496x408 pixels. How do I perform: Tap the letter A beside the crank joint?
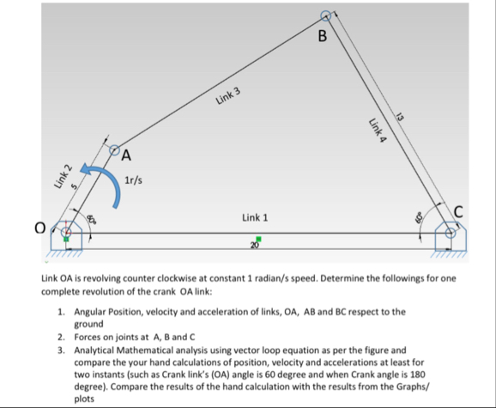(x=126, y=155)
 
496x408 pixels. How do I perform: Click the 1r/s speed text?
(x=134, y=182)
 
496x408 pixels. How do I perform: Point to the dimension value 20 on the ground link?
(x=255, y=245)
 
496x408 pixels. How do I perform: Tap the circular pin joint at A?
(x=112, y=149)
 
